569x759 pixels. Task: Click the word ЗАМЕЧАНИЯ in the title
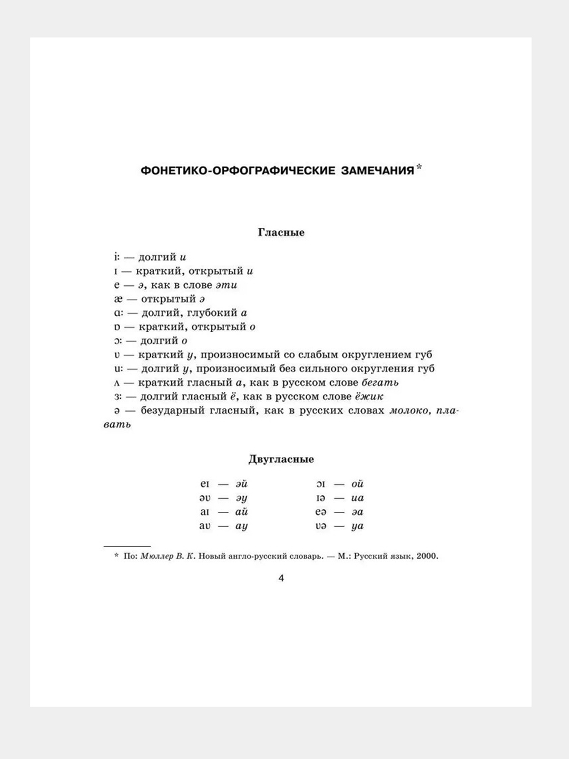click(x=377, y=171)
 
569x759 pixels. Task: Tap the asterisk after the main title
click(x=419, y=168)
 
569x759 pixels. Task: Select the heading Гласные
click(x=281, y=232)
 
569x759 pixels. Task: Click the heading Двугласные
click(x=281, y=459)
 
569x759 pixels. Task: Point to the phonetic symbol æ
click(x=118, y=299)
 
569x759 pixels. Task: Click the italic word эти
click(x=226, y=285)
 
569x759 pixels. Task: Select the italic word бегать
click(x=380, y=383)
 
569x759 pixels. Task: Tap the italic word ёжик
click(x=369, y=396)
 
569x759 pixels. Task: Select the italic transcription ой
click(x=357, y=484)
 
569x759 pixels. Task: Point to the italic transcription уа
click(x=357, y=526)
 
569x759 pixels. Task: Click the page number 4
click(x=281, y=578)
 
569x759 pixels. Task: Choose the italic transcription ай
click(x=241, y=512)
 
